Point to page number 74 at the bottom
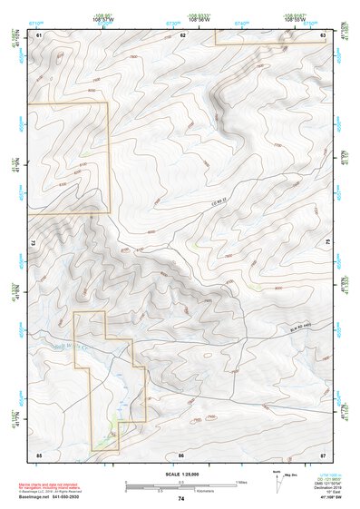(x=181, y=499)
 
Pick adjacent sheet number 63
(x=324, y=34)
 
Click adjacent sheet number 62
(x=182, y=34)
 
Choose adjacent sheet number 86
(x=181, y=454)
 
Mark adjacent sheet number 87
(x=324, y=454)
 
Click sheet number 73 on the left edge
(x=33, y=243)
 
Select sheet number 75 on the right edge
(x=328, y=243)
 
